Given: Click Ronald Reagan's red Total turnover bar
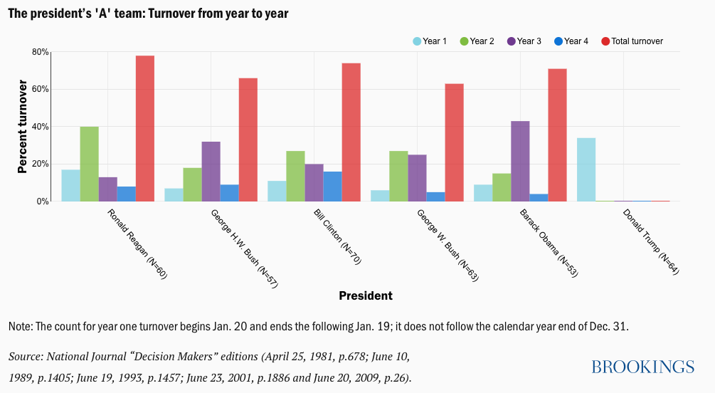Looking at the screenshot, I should (145, 128).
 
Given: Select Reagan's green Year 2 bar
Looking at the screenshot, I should (90, 164).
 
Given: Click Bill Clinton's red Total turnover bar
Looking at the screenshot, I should (351, 132).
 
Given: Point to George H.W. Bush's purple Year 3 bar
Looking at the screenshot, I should (211, 171).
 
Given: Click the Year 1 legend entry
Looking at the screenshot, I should (430, 41).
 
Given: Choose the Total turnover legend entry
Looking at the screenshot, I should (632, 41).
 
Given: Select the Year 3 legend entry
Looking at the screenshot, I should (523, 41).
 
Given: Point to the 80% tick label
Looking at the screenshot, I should (40, 52).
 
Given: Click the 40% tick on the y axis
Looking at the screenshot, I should (40, 127).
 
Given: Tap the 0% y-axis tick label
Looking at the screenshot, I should (43, 201).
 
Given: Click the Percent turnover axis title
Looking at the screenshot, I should (22, 127).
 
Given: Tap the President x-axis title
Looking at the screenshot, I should (365, 295).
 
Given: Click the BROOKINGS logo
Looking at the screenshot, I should (642, 367).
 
